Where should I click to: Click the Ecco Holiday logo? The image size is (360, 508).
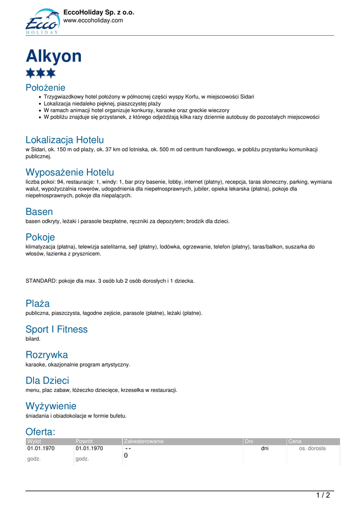[x=42, y=21]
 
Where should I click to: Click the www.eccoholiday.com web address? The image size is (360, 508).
[x=93, y=20]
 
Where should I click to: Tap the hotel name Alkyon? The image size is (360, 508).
[x=54, y=56]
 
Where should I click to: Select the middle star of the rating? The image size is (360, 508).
[x=41, y=73]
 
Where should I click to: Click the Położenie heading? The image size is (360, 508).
[x=45, y=87]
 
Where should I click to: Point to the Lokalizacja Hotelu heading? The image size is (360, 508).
[x=65, y=140]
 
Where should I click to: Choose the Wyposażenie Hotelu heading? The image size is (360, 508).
[x=70, y=172]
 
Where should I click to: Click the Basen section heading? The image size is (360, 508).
[x=39, y=212]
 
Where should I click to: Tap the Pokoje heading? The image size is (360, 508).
[x=40, y=237]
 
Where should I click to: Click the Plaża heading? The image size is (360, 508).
[x=37, y=303]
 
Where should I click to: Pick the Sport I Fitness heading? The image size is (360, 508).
[x=56, y=329]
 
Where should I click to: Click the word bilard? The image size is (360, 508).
[x=33, y=339]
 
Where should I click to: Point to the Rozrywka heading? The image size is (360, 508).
[x=47, y=355]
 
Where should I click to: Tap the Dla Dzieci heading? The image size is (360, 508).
[x=47, y=381]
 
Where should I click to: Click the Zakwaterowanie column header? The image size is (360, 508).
[x=144, y=442]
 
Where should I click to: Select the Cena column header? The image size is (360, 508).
[x=294, y=442]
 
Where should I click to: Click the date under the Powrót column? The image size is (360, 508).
[x=89, y=448]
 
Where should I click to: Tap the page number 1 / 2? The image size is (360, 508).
[x=323, y=495]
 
